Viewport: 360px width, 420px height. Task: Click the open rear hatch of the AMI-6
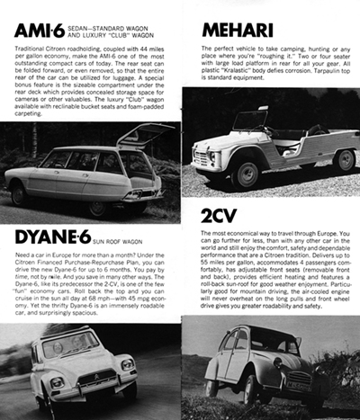[x=144, y=138]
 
